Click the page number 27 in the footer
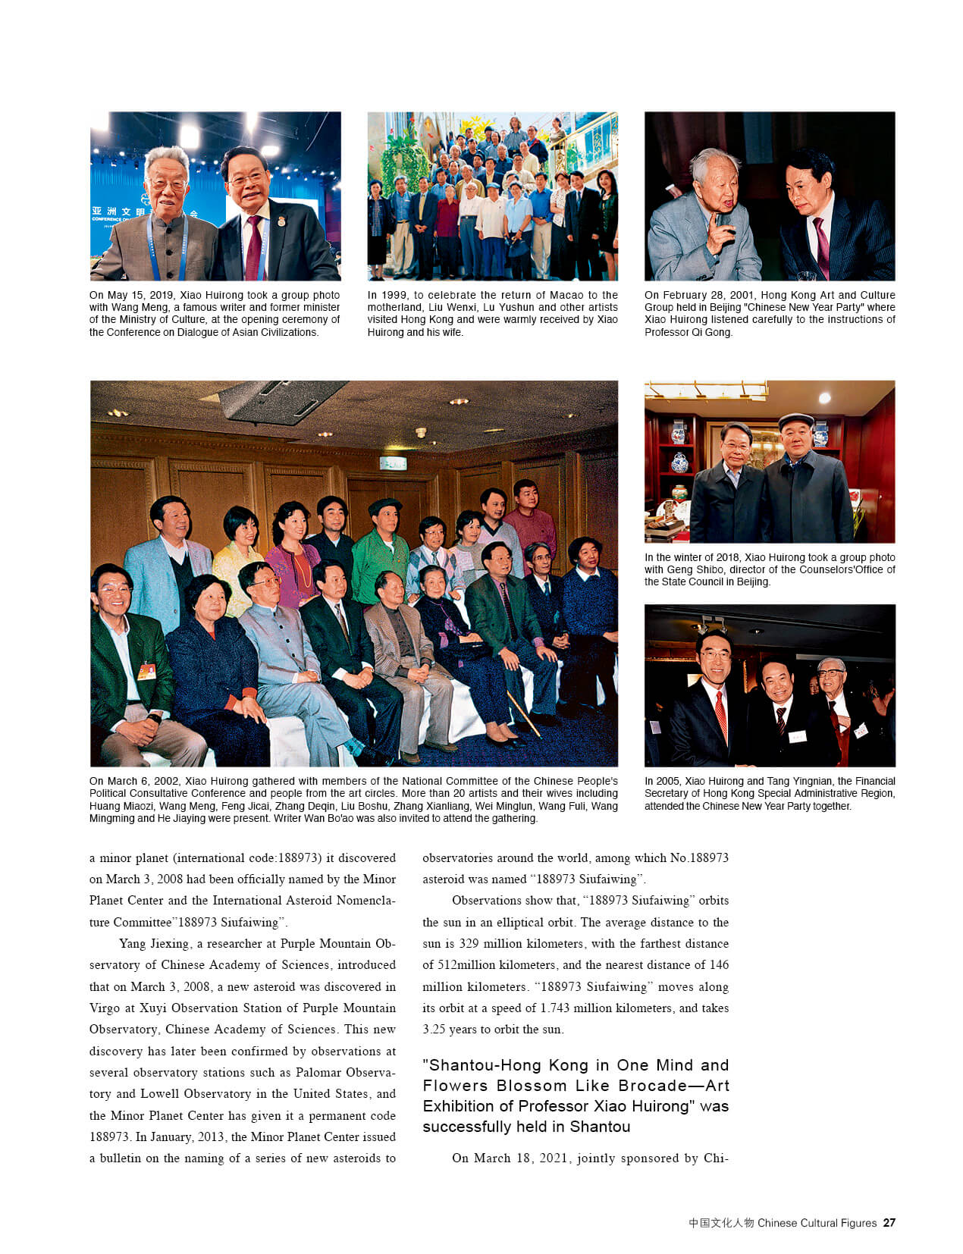point(889,1222)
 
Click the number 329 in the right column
point(469,943)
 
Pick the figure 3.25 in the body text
point(435,1029)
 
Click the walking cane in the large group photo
point(523,713)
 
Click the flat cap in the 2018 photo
point(796,419)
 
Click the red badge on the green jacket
point(146,670)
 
